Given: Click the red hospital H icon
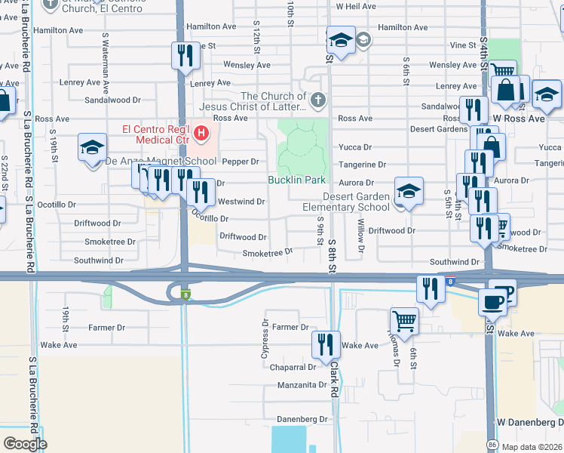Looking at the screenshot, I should click(x=201, y=134).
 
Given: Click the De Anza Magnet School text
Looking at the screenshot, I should click(x=161, y=161).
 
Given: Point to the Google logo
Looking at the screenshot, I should click(x=24, y=444).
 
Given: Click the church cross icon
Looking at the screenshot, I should click(x=318, y=100).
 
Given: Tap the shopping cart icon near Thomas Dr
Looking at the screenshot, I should click(x=405, y=320).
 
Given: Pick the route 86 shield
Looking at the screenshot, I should click(x=492, y=444).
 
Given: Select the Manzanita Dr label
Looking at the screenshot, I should click(x=302, y=385).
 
